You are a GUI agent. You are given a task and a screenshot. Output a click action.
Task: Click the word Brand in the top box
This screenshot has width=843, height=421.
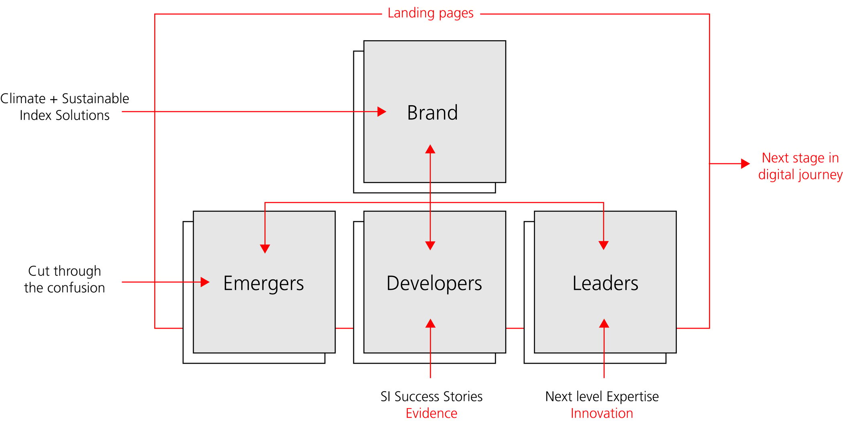[x=432, y=112]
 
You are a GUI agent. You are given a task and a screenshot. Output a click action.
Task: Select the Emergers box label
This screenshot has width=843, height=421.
[x=263, y=283]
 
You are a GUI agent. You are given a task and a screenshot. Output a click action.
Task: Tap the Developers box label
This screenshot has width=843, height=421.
[x=434, y=283]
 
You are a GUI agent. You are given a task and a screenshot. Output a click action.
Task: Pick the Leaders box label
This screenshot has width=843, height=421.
[x=605, y=283]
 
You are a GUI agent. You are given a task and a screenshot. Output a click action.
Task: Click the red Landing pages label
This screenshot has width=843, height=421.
[x=430, y=13]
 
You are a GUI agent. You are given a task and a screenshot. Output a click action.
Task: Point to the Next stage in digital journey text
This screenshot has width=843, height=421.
[x=800, y=166]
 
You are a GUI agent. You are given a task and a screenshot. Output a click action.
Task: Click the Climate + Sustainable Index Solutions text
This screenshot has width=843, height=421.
[x=65, y=107]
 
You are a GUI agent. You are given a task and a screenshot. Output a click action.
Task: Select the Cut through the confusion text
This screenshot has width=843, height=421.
[x=65, y=279]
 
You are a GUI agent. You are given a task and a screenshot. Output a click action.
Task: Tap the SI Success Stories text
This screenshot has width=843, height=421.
[x=432, y=397]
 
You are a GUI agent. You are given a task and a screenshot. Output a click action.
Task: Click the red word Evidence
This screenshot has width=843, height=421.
[x=432, y=413]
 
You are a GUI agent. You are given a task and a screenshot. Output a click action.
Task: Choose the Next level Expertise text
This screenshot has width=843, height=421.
[x=602, y=397]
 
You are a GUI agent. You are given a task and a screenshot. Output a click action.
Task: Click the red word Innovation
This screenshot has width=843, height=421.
[x=602, y=413]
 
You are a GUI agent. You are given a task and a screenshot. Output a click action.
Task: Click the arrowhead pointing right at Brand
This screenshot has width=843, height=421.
[x=382, y=112]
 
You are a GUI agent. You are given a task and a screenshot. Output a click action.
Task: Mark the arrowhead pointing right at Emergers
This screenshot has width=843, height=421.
[x=205, y=282]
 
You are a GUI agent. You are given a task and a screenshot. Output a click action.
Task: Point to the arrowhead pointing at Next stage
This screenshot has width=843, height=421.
[x=745, y=164]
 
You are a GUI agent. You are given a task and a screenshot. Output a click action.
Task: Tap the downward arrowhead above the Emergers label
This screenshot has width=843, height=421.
[x=265, y=249]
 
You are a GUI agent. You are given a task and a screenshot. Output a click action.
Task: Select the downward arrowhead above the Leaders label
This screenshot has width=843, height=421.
[x=604, y=245]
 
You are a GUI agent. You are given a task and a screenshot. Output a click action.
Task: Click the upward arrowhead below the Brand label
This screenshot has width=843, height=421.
[x=430, y=149]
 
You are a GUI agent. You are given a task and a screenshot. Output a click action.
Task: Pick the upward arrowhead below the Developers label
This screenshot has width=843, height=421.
[x=430, y=323]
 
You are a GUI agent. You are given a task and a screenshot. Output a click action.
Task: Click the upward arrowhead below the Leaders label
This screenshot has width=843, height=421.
[x=604, y=323]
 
